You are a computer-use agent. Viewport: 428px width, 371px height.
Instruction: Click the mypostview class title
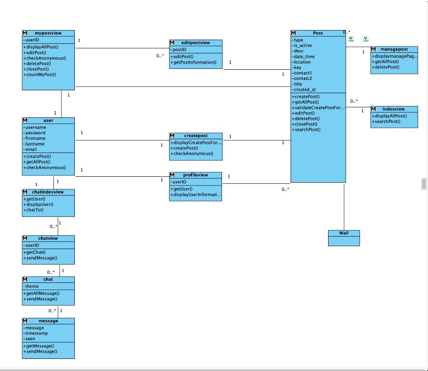click(x=48, y=33)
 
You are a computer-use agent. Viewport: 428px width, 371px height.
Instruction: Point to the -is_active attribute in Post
click(x=302, y=46)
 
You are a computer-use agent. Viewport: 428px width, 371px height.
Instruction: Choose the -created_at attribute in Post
click(x=304, y=89)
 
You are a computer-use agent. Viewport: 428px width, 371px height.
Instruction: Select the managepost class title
click(x=394, y=49)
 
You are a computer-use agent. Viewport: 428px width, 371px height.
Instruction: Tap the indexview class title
click(x=393, y=109)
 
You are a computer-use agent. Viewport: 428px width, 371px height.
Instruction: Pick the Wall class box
click(x=344, y=238)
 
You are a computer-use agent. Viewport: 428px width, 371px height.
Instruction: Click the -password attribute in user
click(x=35, y=133)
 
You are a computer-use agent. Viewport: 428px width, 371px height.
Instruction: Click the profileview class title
click(x=195, y=175)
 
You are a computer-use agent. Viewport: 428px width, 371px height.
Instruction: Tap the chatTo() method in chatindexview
click(x=34, y=210)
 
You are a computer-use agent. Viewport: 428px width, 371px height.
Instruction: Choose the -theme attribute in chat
click(x=32, y=286)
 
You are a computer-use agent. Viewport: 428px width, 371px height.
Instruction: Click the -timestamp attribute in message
click(x=36, y=333)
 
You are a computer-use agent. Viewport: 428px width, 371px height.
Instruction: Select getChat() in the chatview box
click(x=36, y=252)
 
